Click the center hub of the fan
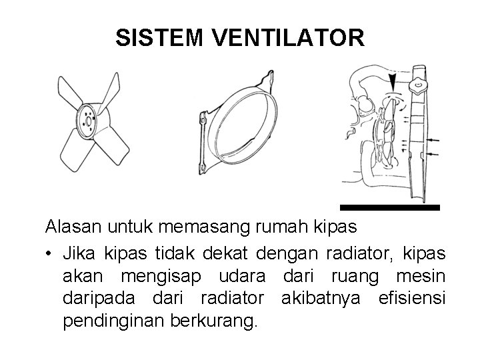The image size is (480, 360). (88, 121)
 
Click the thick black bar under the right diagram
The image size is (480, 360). (390, 208)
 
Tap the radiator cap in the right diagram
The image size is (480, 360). (419, 85)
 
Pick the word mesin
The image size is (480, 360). (423, 275)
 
